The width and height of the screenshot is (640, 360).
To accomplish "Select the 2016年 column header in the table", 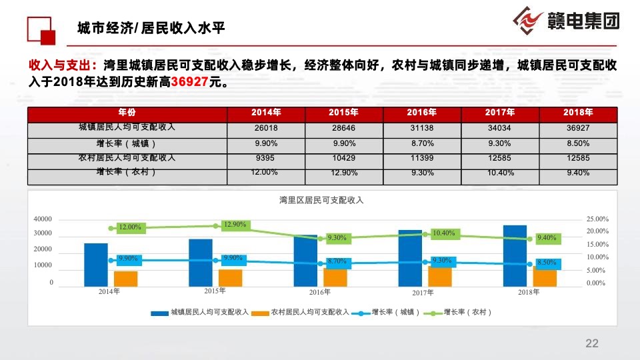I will (x=422, y=112).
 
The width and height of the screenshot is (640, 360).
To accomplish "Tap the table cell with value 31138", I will (x=422, y=127).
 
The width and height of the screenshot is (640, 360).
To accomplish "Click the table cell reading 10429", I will (x=344, y=158).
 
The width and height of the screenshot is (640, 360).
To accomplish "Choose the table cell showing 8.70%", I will (x=422, y=143).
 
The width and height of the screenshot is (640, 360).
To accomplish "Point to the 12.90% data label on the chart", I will (x=235, y=225).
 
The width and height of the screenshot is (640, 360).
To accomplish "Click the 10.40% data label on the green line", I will (x=443, y=233).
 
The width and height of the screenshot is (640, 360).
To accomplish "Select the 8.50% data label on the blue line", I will (x=547, y=263).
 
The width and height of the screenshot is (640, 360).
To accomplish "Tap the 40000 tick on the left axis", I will (x=42, y=219).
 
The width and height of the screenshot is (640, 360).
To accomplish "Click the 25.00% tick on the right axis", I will (x=597, y=219).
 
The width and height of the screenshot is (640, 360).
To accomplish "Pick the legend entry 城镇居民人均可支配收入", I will (x=200, y=312).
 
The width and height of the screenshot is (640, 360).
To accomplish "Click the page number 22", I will (x=592, y=343).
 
